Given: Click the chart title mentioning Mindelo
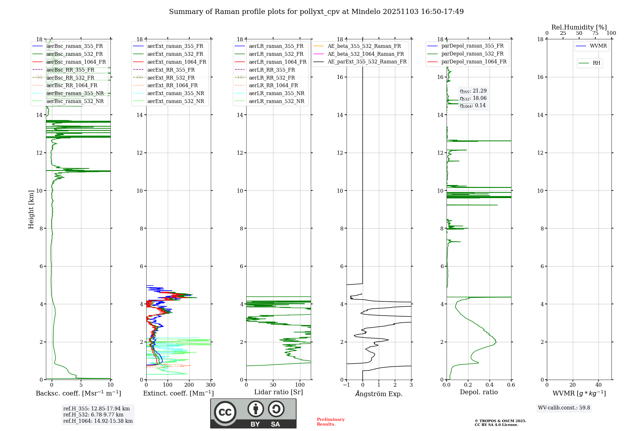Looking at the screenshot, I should click(x=316, y=12).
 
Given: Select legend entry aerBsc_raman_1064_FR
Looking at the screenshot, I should click(x=76, y=62).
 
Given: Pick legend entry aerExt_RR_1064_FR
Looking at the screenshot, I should click(x=172, y=85).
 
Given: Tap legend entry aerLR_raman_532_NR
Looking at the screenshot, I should click(x=276, y=101).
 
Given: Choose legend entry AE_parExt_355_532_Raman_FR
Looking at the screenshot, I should click(x=367, y=61).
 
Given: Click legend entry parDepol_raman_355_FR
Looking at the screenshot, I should click(x=472, y=46).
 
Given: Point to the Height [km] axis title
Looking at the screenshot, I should click(x=31, y=209).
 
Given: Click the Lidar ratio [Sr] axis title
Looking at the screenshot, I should click(x=278, y=392).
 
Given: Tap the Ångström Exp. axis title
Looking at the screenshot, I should click(x=379, y=394).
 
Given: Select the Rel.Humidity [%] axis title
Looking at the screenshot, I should click(x=579, y=27).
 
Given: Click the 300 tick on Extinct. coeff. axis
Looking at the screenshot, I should click(x=210, y=385).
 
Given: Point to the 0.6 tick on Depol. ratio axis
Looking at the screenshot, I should click(x=511, y=385).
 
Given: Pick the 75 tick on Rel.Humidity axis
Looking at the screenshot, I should click(x=595, y=33).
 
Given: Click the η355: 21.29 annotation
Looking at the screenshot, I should click(x=473, y=91).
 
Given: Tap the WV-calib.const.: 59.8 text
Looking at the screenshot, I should click(x=564, y=408).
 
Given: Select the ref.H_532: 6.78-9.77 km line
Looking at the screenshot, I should click(x=93, y=415).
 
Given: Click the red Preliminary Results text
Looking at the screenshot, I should click(x=330, y=422).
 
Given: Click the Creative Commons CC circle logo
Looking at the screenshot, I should click(x=225, y=412).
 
